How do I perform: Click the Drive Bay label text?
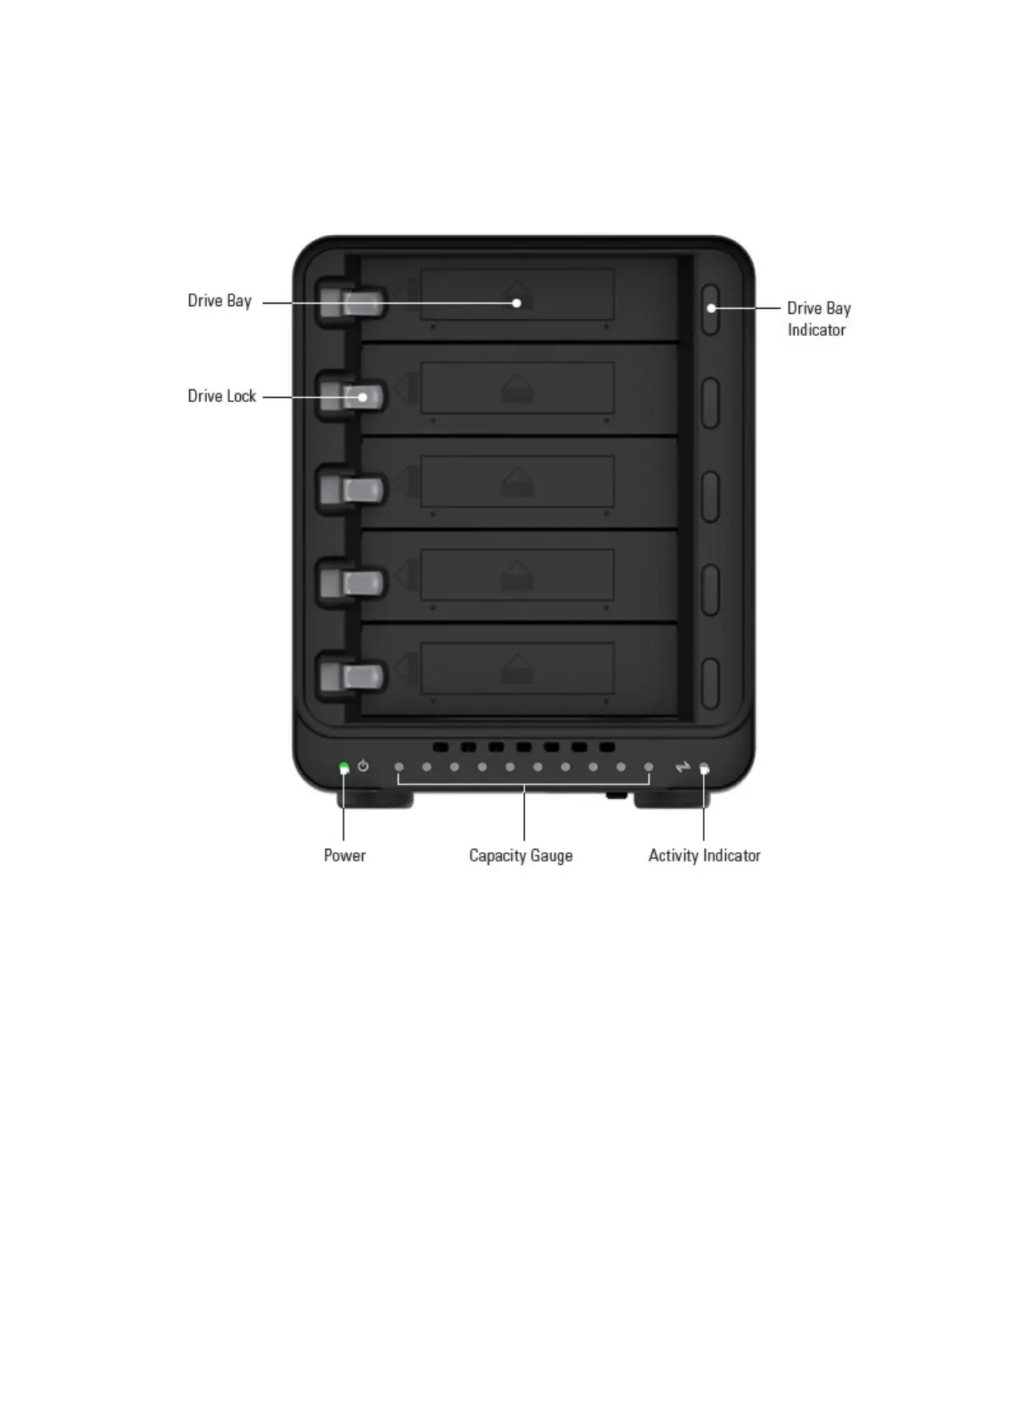[220, 301]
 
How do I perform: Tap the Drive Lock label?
[221, 396]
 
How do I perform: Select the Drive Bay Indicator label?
[817, 319]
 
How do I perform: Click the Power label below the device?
[344, 856]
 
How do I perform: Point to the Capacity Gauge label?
[521, 856]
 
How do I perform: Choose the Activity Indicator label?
[704, 856]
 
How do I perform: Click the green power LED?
[343, 767]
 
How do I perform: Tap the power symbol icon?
[363, 767]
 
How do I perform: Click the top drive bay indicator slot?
[711, 310]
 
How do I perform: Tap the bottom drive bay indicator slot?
[711, 683]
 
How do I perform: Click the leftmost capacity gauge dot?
[399, 767]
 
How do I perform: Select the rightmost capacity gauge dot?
[649, 767]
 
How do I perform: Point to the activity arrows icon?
[683, 767]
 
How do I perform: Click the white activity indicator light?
[704, 768]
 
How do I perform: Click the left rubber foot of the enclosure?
[375, 799]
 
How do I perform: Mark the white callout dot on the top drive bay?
[516, 303]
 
